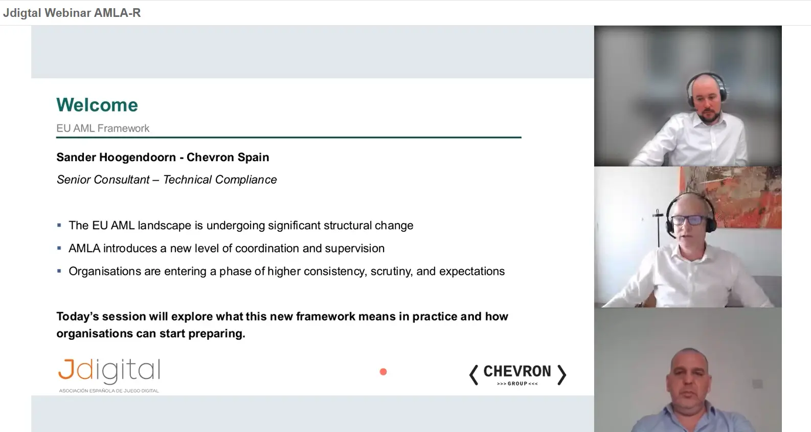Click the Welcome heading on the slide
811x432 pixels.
click(x=97, y=105)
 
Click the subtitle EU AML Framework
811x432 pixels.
click(x=103, y=128)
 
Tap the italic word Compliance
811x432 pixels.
click(x=246, y=180)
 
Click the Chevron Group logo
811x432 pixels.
click(x=517, y=375)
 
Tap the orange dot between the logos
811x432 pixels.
click(x=383, y=372)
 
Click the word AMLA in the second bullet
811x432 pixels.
click(x=84, y=249)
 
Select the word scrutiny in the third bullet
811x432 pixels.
click(x=391, y=271)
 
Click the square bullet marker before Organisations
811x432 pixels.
click(x=59, y=271)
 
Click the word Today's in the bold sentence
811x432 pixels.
click(x=77, y=317)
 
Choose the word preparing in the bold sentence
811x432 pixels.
click(x=216, y=334)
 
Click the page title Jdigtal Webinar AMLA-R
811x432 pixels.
click(x=72, y=13)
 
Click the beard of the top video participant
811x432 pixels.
click(x=708, y=115)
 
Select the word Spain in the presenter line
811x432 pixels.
click(x=254, y=158)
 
